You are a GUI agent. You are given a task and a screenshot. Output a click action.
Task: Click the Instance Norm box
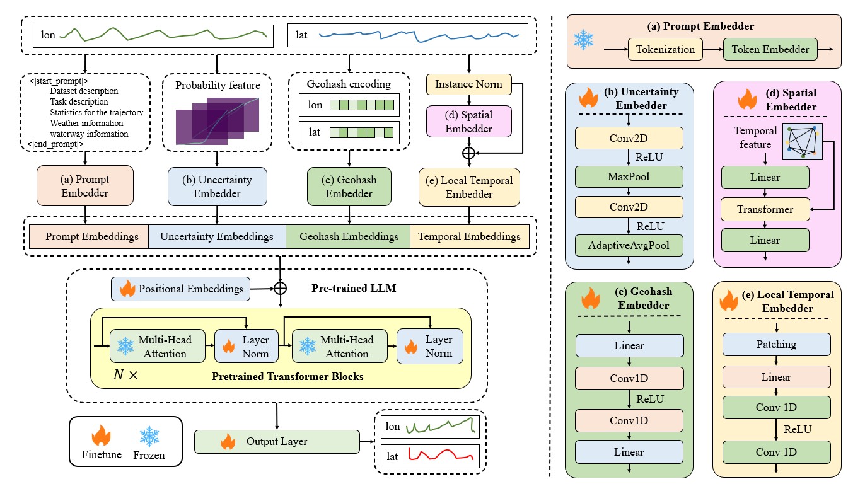468,83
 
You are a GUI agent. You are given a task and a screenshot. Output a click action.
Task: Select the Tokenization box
665,49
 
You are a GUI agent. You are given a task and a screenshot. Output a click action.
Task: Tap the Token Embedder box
770,49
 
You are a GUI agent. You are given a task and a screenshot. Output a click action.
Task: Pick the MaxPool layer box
629,176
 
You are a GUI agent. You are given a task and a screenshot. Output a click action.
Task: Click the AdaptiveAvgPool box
629,245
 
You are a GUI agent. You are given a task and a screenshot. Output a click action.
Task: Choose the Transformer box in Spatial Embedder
764,209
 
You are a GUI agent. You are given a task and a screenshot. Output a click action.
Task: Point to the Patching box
775,345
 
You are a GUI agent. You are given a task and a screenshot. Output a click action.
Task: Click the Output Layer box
277,441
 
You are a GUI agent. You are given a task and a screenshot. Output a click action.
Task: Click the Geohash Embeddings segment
348,237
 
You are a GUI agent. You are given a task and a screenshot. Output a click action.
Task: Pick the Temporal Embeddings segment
469,237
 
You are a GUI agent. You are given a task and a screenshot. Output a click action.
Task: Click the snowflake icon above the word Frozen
149,435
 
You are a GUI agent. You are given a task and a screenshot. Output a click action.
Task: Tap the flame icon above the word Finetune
101,435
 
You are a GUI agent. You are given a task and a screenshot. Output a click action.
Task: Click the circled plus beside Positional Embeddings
279,288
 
